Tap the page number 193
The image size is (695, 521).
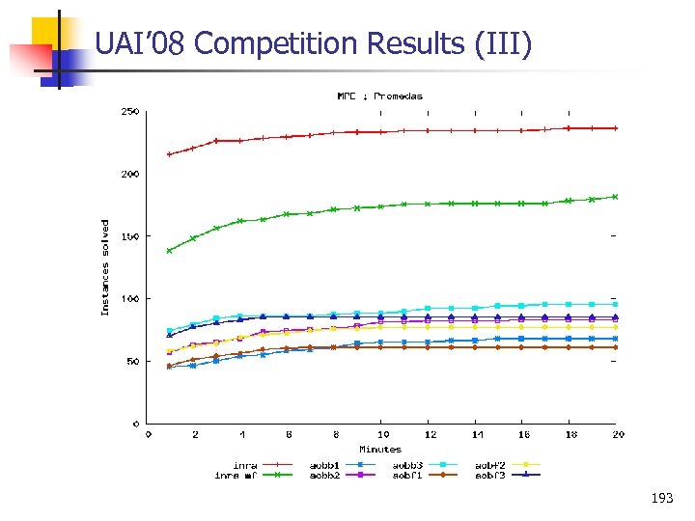(x=662, y=499)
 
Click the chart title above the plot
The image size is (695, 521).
(x=379, y=96)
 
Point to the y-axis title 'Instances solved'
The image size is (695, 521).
(x=106, y=266)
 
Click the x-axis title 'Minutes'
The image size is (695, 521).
(x=380, y=449)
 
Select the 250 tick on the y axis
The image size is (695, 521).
(x=129, y=112)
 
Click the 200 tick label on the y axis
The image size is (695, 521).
(x=129, y=175)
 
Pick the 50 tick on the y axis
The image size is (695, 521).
(x=132, y=362)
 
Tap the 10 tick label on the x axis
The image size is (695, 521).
(x=382, y=435)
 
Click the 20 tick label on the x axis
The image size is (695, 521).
(x=618, y=435)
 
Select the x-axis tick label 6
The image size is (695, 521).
(x=289, y=435)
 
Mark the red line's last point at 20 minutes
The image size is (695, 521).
(x=616, y=128)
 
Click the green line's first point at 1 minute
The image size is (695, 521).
(x=170, y=251)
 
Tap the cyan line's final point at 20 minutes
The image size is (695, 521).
(x=616, y=304)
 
